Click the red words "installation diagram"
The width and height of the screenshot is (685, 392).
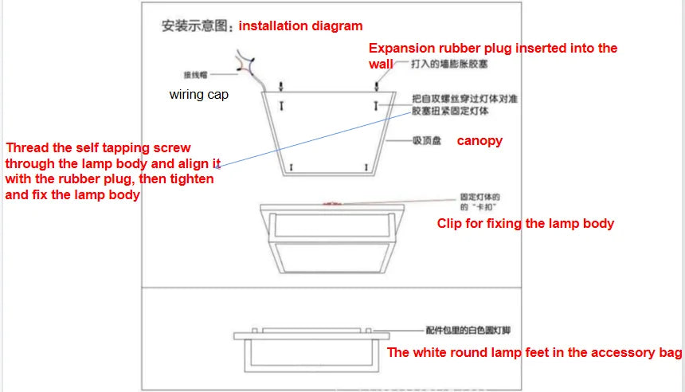[300, 25]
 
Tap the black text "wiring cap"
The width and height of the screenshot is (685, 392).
[198, 94]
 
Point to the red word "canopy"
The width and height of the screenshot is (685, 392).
[479, 140]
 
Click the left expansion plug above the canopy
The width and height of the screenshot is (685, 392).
[280, 85]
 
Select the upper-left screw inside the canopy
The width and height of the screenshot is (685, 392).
[280, 105]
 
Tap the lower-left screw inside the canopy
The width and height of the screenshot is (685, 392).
[292, 167]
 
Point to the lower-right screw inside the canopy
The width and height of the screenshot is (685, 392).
[365, 167]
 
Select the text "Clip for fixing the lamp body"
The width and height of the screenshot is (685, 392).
[525, 223]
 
